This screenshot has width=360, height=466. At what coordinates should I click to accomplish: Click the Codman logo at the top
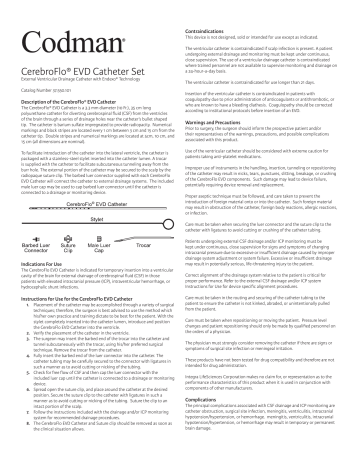[60, 23]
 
